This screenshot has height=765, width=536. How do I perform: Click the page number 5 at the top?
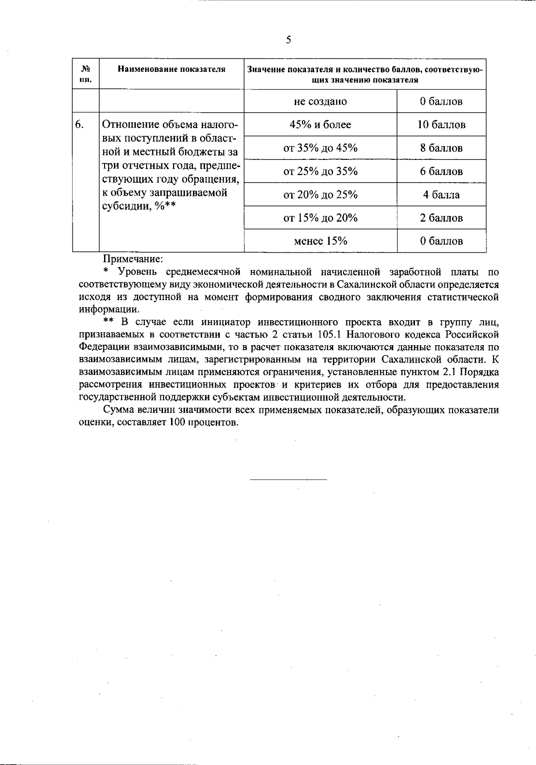289,40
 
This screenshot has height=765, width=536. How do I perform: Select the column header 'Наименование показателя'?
172,69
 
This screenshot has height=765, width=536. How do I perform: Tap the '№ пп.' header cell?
86,74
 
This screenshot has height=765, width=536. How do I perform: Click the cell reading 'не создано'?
320,101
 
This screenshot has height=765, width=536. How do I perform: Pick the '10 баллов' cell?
441,125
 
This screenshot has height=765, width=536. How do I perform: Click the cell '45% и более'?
320,125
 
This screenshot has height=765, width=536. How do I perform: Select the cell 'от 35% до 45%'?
320,148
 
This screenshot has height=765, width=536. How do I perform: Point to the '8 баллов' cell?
441,148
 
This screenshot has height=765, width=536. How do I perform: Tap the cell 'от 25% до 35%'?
320,171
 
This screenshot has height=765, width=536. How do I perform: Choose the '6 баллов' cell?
441,171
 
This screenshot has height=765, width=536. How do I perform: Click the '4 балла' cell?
441,195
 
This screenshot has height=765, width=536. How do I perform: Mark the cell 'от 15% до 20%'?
320,218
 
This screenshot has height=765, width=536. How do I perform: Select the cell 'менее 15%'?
320,241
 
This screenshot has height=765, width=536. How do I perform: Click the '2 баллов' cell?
441,218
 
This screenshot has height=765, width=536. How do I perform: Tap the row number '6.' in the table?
79,125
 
